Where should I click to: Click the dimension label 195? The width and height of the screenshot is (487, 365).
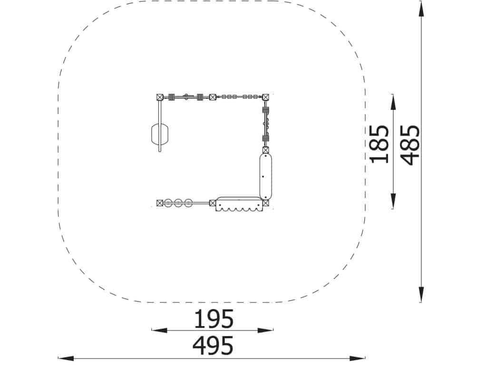(x=214, y=319)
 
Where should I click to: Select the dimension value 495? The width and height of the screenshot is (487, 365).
(x=213, y=346)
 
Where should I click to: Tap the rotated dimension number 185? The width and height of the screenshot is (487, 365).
(x=379, y=144)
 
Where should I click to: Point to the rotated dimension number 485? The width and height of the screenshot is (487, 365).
(x=410, y=145)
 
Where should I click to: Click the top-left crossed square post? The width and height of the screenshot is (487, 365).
(x=160, y=97)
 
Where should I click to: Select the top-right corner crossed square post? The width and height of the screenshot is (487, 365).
(x=265, y=97)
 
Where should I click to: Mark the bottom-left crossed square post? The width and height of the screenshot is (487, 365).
(x=160, y=203)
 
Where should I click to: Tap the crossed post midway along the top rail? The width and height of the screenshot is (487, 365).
(x=213, y=97)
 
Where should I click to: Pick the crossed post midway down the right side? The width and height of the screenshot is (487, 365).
(x=265, y=150)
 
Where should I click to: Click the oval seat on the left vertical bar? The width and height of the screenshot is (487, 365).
(x=160, y=134)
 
